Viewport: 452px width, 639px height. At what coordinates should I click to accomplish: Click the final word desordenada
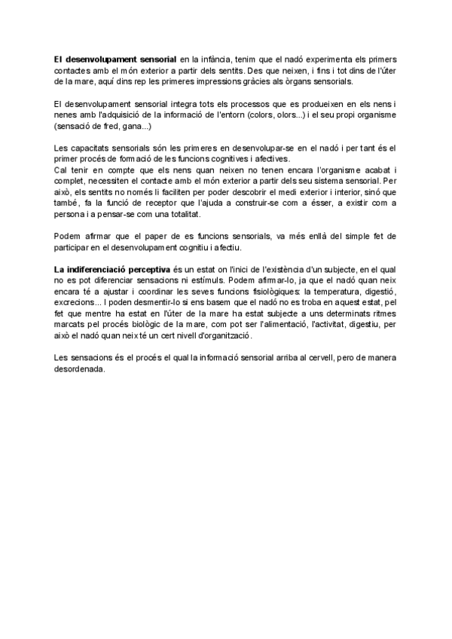(x=78, y=369)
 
